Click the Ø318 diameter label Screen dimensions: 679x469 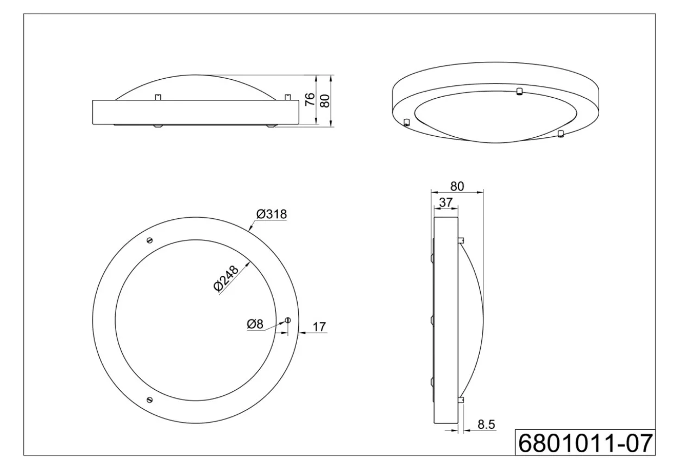(x=271, y=214)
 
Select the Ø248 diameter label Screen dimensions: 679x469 (x=226, y=278)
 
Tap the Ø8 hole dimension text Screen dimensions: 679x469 (x=255, y=324)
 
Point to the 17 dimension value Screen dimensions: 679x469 (x=319, y=327)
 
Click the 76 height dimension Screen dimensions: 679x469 (x=310, y=99)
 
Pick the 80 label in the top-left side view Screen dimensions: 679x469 (x=324, y=101)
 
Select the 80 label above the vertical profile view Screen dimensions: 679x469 (x=457, y=186)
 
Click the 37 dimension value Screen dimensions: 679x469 (x=445, y=202)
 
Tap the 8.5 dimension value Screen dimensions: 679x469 (x=486, y=425)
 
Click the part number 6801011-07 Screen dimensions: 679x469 (x=586, y=443)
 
